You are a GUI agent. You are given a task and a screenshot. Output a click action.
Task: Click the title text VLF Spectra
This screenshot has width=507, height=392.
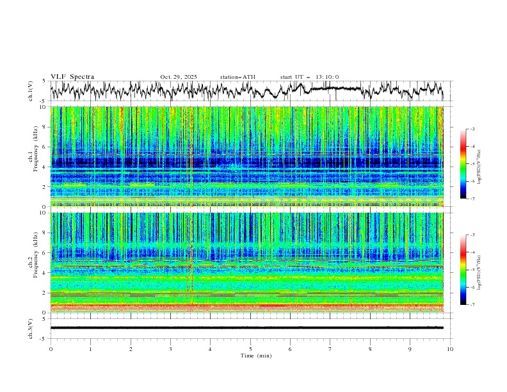(72, 77)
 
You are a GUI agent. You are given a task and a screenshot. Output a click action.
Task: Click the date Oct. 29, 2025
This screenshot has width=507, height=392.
(179, 77)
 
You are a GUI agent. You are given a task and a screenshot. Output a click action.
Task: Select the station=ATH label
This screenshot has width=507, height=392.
(237, 77)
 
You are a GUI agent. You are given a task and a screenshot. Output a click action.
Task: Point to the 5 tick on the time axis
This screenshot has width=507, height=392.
(250, 349)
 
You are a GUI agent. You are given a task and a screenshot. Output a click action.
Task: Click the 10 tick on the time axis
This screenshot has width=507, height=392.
(450, 349)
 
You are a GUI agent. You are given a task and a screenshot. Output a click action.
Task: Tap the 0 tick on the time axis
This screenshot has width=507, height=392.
(51, 349)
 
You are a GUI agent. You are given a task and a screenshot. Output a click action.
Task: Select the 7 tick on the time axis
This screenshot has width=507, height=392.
(330, 349)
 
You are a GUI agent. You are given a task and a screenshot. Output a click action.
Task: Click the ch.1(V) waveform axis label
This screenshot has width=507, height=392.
(31, 91)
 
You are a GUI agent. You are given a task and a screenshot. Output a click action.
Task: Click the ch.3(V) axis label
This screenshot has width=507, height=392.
(31, 328)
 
